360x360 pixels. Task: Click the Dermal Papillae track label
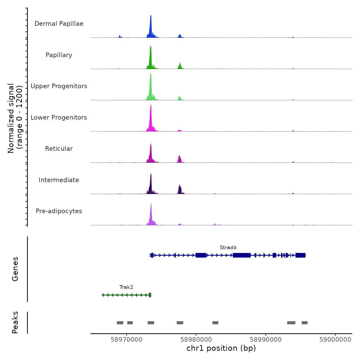[59, 24]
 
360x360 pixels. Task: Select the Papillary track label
[59, 55]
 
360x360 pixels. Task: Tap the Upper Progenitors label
[59, 86]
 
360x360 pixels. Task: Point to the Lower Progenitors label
[59, 118]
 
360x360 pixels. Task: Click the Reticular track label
[59, 149]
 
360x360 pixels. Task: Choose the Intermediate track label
[59, 180]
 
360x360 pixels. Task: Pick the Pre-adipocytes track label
[59, 211]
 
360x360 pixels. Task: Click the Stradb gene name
[228, 247]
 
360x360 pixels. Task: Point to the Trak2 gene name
[126, 287]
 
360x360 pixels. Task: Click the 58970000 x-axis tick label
[127, 340]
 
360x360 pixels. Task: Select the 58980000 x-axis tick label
[196, 340]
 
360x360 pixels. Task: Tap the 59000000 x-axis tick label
[335, 340]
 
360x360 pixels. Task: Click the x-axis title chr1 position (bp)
[221, 348]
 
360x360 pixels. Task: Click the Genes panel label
[15, 269]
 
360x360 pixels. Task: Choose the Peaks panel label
[15, 322]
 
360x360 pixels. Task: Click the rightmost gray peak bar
[304, 323]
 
